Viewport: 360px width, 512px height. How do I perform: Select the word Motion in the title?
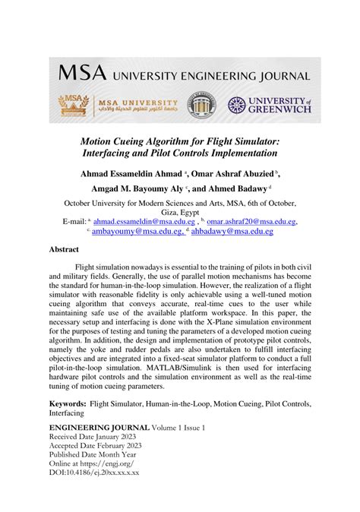(x=112, y=141)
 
